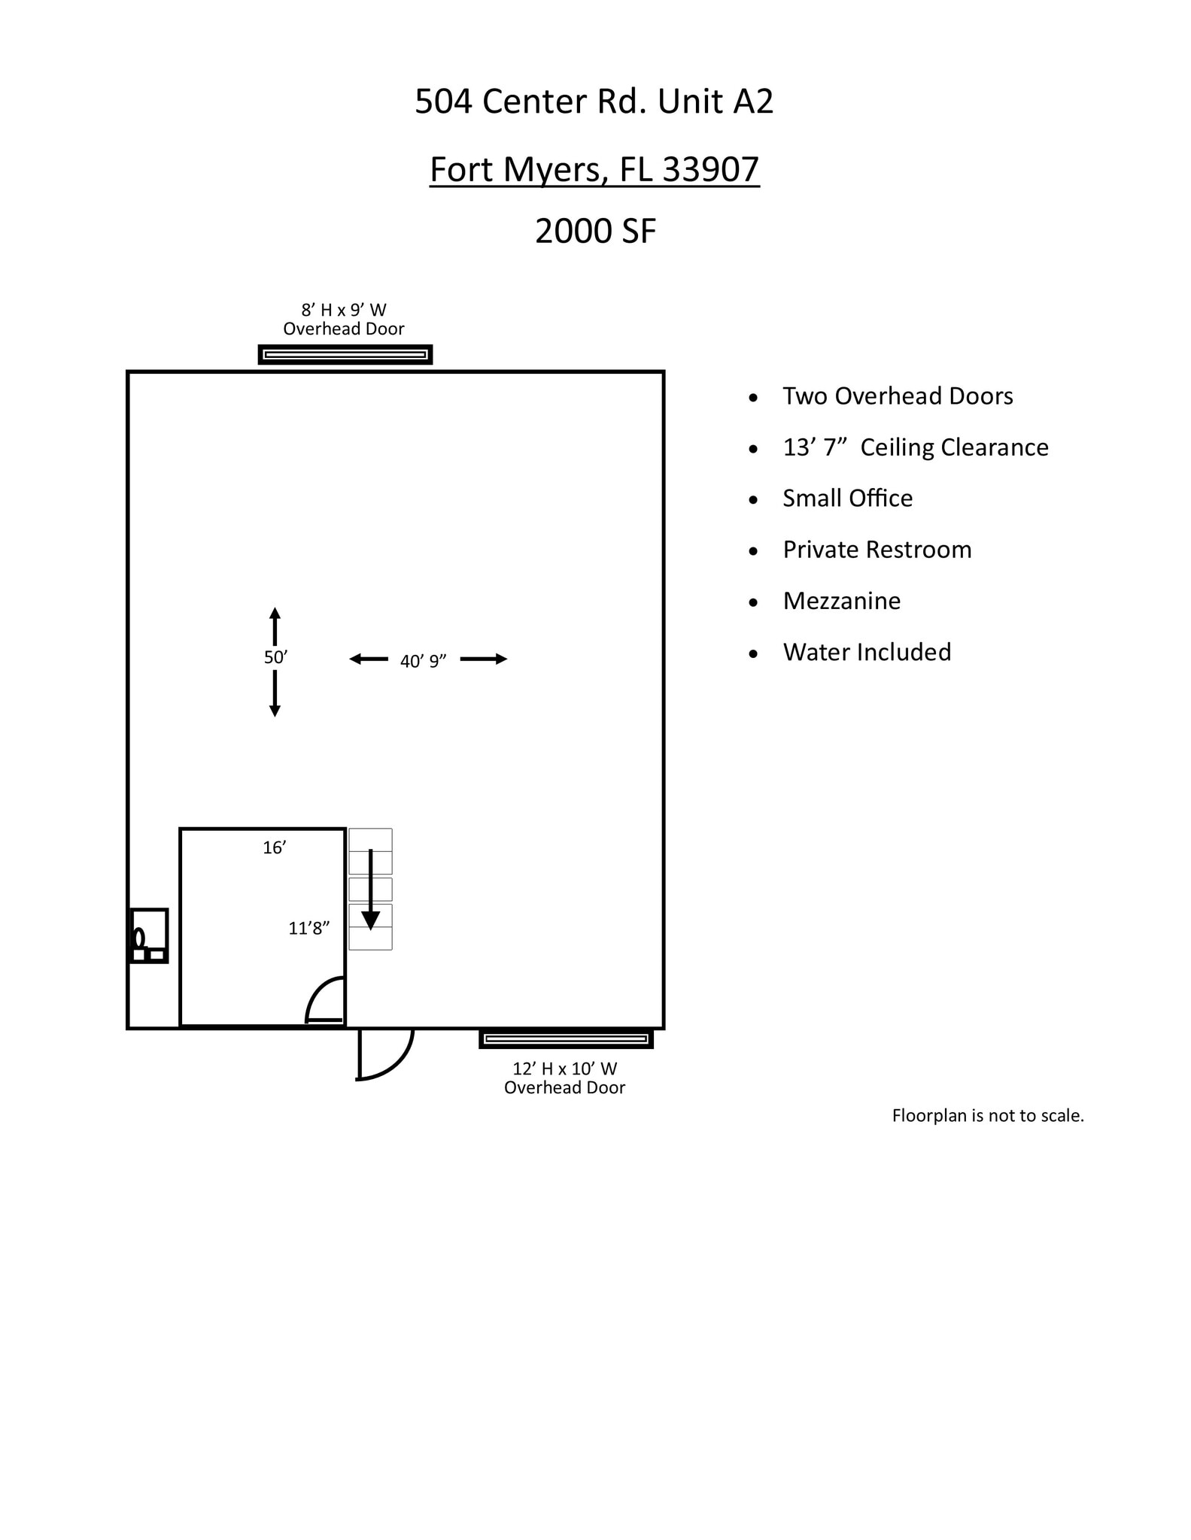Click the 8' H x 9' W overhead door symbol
pyautogui.click(x=345, y=354)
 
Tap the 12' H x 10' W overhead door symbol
pyautogui.click(x=566, y=1039)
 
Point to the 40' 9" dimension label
pyautogui.click(x=423, y=662)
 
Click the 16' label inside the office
pyautogui.click(x=274, y=848)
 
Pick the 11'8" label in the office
pyautogui.click(x=308, y=929)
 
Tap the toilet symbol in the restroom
pyautogui.click(x=139, y=938)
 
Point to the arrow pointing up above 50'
pyautogui.click(x=275, y=624)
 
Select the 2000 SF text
pyautogui.click(x=595, y=231)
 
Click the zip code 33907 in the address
pyautogui.click(x=710, y=169)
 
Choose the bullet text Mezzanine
pyautogui.click(x=841, y=601)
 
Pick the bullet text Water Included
pyautogui.click(x=867, y=652)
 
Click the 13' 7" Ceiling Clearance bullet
pyautogui.click(x=915, y=447)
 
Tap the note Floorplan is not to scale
pyautogui.click(x=987, y=1116)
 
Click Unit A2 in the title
pyautogui.click(x=715, y=102)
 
